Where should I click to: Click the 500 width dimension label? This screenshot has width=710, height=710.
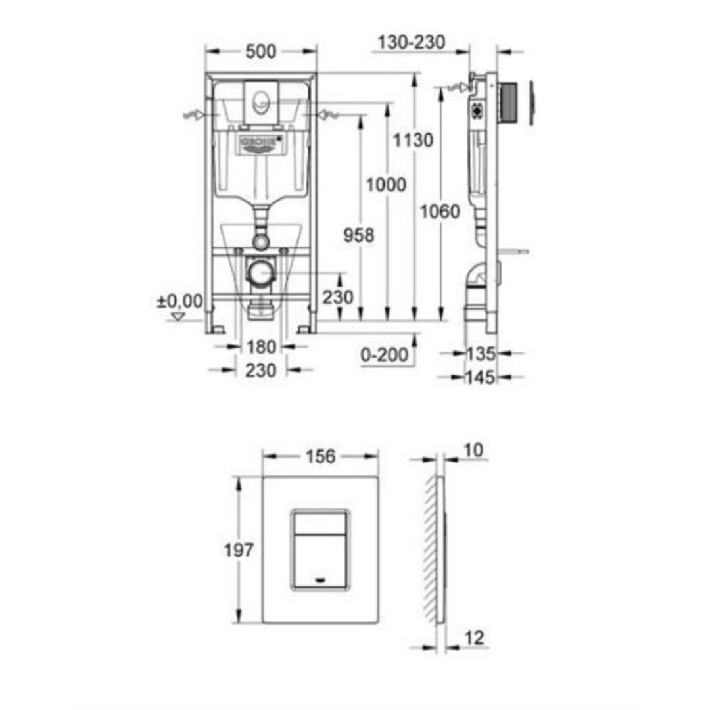tap(261, 51)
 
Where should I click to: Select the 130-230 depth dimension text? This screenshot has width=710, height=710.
tap(411, 42)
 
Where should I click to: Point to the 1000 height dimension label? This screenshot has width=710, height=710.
tap(386, 185)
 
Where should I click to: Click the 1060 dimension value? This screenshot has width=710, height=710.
tap(440, 212)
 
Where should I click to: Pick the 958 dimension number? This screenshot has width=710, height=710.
tap(359, 235)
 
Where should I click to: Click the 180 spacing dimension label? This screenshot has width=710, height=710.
tap(261, 347)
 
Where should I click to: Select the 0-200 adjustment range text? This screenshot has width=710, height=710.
tap(385, 354)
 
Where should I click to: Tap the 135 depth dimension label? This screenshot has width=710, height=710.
tap(481, 354)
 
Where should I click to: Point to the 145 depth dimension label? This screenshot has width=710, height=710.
tap(481, 377)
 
